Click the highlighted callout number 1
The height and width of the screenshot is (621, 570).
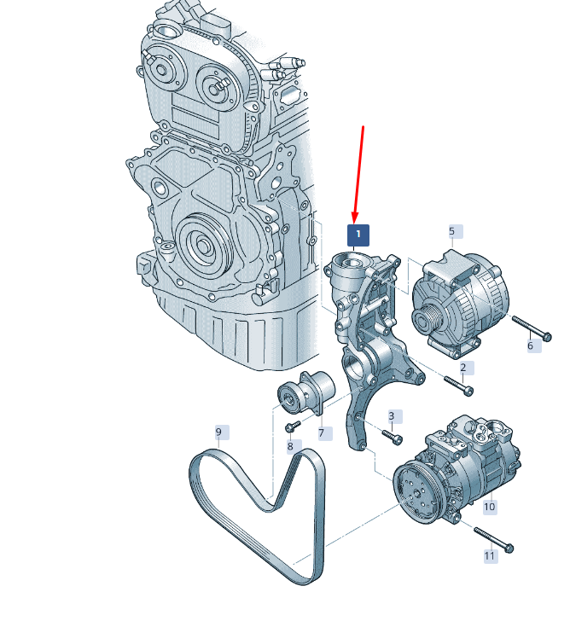pyautogui.click(x=358, y=235)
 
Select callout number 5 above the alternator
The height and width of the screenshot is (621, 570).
pyautogui.click(x=452, y=231)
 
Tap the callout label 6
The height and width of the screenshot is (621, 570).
pyautogui.click(x=531, y=345)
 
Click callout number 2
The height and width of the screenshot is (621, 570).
pyautogui.click(x=463, y=368)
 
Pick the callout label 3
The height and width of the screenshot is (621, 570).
pyautogui.click(x=392, y=416)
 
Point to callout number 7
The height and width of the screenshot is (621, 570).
pyautogui.click(x=321, y=432)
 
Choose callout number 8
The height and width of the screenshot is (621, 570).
pyautogui.click(x=290, y=446)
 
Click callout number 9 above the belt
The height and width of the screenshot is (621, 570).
pyautogui.click(x=218, y=432)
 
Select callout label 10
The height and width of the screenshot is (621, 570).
pyautogui.click(x=490, y=507)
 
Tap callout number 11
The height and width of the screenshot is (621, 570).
pyautogui.click(x=490, y=556)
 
